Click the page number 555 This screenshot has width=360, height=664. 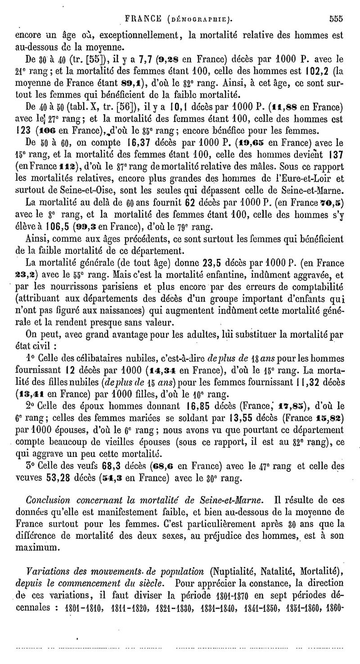pos(336,19)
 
